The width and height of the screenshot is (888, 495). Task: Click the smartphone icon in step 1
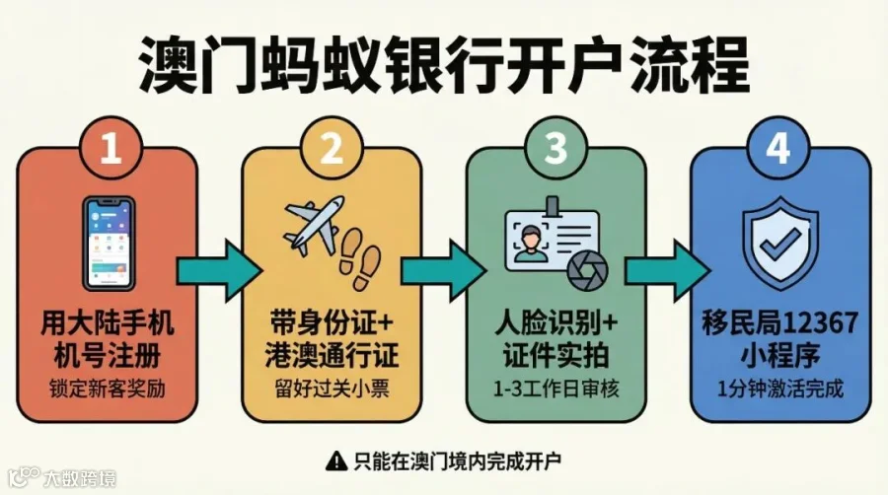110,242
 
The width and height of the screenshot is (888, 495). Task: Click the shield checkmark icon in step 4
779,246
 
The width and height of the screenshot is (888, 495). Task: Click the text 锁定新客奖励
111,388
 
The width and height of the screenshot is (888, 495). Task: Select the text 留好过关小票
333,388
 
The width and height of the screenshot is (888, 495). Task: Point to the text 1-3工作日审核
555,388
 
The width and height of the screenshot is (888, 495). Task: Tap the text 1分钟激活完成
779,388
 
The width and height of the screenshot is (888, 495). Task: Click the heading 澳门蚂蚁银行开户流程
444,65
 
